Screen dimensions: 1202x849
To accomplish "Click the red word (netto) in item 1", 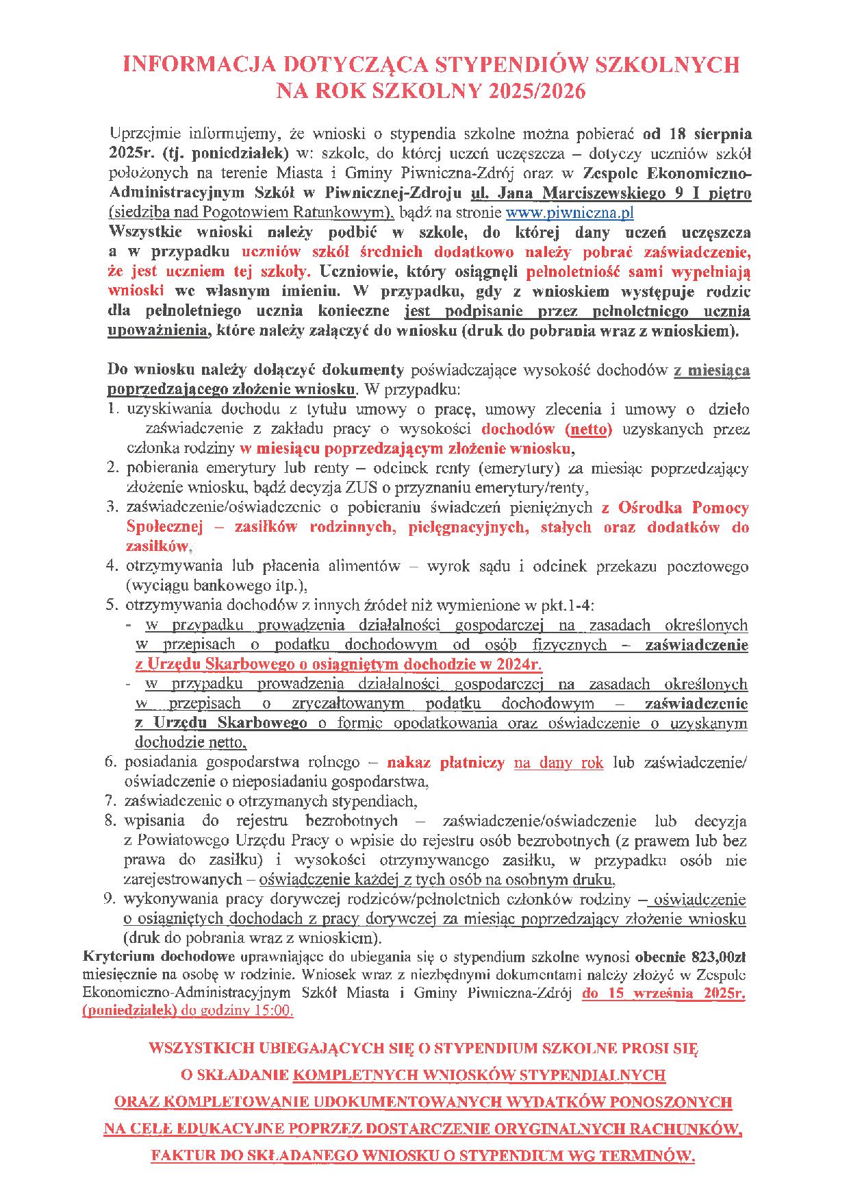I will [x=589, y=430].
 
